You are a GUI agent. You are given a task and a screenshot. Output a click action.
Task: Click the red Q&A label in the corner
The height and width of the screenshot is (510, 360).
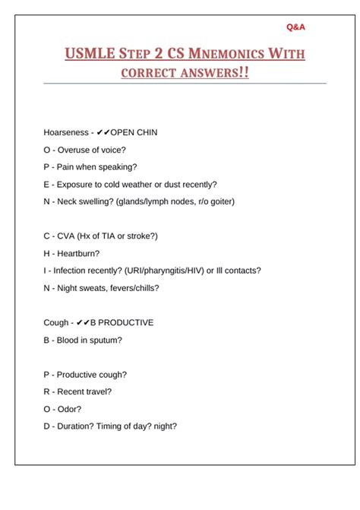296,27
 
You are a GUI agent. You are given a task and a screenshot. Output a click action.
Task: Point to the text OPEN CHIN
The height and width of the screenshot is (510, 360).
134,132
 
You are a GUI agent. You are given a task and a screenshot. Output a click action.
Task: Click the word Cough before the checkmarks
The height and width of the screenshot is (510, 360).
56,323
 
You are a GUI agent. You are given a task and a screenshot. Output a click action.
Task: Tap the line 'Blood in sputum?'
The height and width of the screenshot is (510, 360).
89,340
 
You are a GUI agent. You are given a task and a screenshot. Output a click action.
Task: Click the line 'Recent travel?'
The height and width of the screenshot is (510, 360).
84,391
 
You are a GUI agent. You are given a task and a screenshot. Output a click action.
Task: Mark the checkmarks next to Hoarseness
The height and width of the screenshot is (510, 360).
103,132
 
